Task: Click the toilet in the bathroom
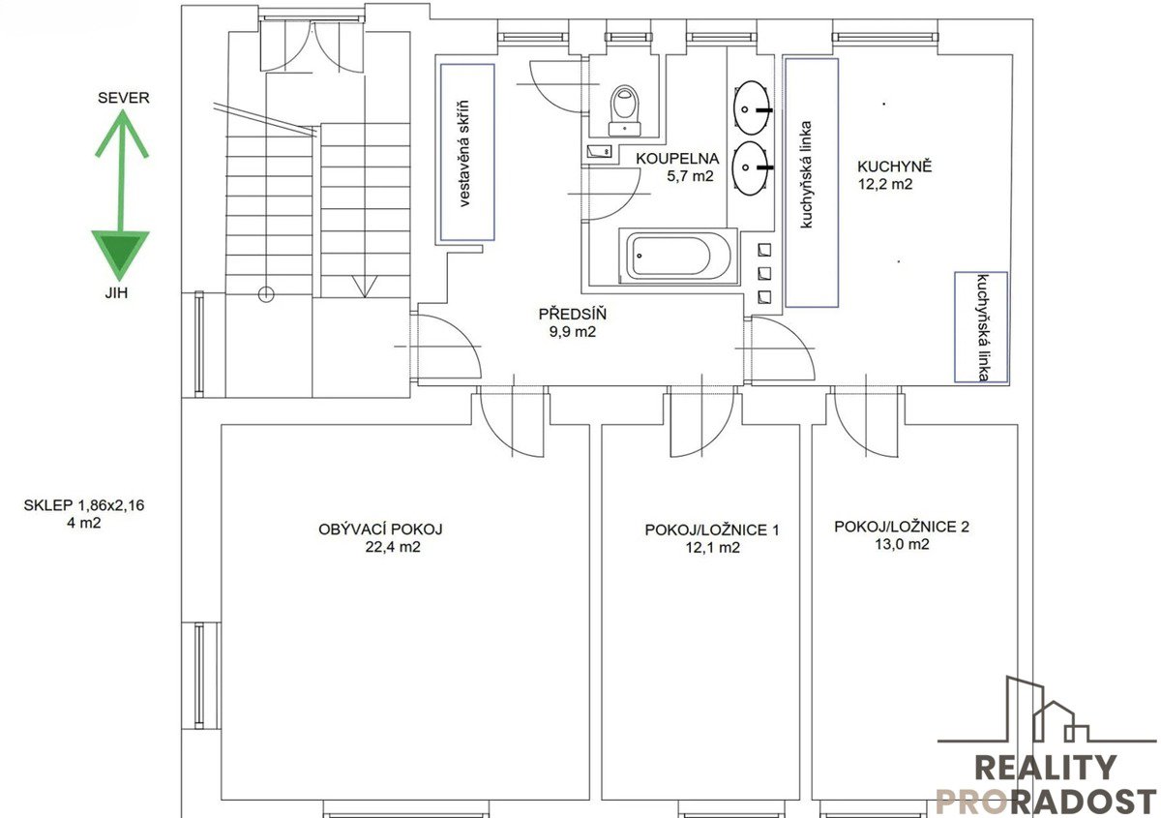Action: (x=625, y=110)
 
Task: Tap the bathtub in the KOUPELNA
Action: (x=678, y=257)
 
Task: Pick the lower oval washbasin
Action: (x=751, y=168)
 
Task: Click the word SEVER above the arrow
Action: (x=124, y=98)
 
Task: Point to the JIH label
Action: (x=116, y=293)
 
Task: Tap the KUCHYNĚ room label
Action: (x=894, y=167)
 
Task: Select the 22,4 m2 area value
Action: (x=393, y=547)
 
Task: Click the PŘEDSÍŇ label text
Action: (x=572, y=314)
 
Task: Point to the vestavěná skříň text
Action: (x=463, y=154)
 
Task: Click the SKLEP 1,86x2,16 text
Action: (x=84, y=505)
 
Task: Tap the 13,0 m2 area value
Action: (x=903, y=544)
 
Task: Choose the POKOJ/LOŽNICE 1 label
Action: (x=712, y=530)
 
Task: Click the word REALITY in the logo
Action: (x=1046, y=768)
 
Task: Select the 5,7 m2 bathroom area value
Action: (x=690, y=176)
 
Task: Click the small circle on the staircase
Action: (x=266, y=294)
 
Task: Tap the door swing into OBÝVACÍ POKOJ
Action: (x=511, y=424)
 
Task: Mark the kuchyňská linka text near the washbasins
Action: (x=805, y=175)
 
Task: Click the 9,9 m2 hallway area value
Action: (x=573, y=331)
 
